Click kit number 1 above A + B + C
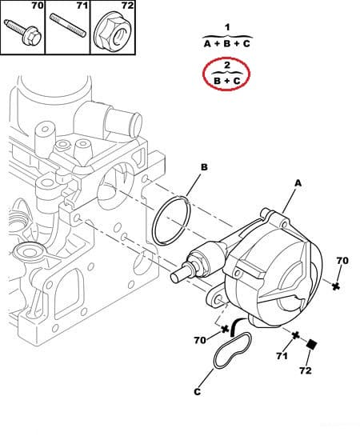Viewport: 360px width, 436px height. pos(226,27)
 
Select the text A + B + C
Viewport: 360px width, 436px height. pos(226,44)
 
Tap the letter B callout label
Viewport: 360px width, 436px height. pos(204,167)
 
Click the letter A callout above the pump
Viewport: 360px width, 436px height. pos(298,183)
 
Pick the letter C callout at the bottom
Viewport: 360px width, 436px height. pos(198,392)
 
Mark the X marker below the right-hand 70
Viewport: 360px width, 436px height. pos(338,285)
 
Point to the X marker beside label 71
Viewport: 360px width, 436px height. pos(296,334)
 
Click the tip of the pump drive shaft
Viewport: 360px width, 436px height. pos(178,276)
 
